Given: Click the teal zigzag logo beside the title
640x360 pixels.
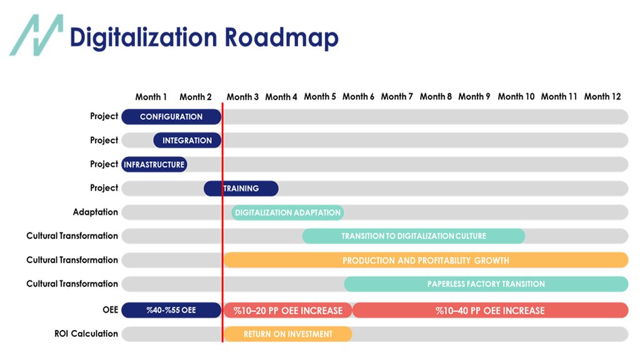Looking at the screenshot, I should click(36, 36).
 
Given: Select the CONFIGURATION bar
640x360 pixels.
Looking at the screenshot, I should click(171, 117).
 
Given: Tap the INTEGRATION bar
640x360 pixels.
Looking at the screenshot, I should click(187, 141).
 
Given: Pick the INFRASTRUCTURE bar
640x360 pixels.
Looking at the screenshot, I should click(154, 164).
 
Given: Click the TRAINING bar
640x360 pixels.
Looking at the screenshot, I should click(241, 188).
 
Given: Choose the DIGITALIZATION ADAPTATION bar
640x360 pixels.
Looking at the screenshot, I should click(287, 212).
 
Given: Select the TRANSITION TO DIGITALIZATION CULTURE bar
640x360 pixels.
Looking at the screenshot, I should click(413, 236).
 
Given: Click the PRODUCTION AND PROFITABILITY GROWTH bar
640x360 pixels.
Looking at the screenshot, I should click(426, 260).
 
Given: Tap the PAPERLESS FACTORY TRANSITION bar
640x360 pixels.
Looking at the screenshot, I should click(486, 284).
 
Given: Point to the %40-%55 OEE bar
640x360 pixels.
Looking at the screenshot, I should click(171, 310).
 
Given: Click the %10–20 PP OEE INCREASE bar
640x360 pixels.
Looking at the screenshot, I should click(287, 311).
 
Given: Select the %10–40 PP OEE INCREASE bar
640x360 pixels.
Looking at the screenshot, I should click(490, 311).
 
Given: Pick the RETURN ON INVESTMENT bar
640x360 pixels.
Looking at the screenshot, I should click(287, 334).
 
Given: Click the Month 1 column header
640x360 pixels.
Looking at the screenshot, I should click(151, 97).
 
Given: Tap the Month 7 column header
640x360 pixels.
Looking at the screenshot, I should click(397, 97).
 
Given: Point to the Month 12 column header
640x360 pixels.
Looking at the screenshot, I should click(602, 97).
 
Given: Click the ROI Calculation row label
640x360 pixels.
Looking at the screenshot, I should click(86, 334).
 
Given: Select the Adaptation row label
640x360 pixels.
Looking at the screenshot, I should click(95, 212).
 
